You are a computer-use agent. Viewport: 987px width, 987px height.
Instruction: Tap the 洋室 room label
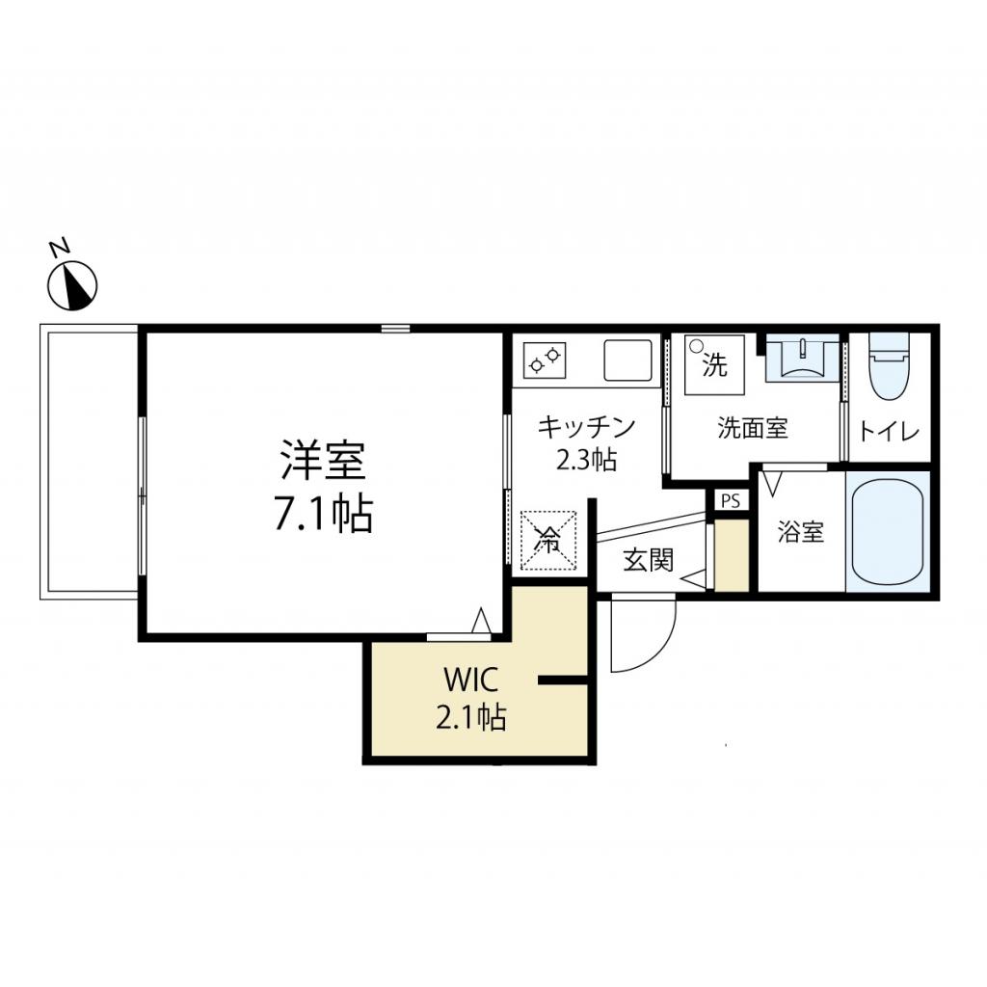tap(323, 461)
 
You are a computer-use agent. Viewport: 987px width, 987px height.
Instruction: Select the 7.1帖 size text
tap(323, 516)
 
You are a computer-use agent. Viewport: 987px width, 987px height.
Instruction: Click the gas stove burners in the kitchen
tap(543, 360)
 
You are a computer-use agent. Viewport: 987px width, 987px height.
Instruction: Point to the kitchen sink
tap(627, 360)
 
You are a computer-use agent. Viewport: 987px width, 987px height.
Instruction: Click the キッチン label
tap(586, 426)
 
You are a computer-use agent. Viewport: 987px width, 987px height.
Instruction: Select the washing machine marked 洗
tap(714, 365)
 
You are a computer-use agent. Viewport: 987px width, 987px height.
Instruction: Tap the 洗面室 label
tap(752, 428)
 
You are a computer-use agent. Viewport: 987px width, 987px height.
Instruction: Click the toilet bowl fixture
tap(889, 366)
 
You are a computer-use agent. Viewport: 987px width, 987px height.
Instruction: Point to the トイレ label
tap(889, 431)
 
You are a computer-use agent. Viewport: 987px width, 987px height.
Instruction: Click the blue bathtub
tap(887, 529)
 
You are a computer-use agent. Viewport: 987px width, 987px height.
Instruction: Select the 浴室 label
tap(801, 531)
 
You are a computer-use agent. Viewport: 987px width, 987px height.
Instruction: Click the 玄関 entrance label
tap(647, 560)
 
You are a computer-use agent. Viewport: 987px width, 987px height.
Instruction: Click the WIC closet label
tap(469, 681)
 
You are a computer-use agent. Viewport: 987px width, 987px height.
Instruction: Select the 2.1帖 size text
tap(469, 717)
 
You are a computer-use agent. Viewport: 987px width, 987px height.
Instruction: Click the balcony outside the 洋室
tap(89, 463)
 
